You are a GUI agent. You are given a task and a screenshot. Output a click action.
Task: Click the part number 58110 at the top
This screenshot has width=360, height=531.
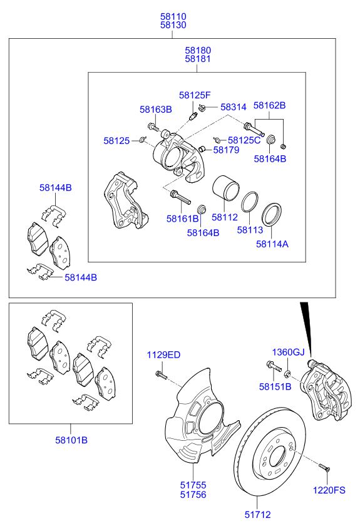pos(173,16)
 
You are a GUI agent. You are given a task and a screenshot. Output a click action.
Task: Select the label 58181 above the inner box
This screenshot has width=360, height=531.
pos(198,59)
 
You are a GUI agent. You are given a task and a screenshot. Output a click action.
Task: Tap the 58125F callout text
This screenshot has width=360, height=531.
pos(195,95)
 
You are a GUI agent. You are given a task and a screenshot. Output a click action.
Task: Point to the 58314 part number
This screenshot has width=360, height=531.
pos(233,108)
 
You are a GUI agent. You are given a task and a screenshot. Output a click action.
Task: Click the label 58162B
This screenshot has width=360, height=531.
pos(269,106)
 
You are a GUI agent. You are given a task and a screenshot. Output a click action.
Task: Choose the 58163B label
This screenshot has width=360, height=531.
pos(155,109)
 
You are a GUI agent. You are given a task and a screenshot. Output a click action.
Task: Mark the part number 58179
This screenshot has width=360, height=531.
pos(226,150)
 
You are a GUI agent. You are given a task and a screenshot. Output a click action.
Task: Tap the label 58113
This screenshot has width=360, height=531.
pos(250,230)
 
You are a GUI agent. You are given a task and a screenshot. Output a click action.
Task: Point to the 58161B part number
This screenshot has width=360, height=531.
pos(182,219)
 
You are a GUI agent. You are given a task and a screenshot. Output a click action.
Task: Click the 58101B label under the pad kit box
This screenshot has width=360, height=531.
pos(71,440)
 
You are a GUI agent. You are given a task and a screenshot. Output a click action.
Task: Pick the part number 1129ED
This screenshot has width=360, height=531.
pos(164,355)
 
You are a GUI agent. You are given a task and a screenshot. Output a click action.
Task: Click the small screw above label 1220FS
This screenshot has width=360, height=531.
pos(324,467)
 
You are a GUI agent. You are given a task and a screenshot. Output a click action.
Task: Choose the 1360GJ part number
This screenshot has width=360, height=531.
pos(287,352)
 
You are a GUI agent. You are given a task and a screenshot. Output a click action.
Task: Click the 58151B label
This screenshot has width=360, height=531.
pos(275,386)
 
